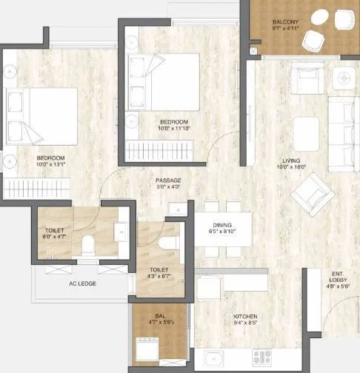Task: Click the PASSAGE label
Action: coord(168,180)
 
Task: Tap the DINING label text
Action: coord(223,224)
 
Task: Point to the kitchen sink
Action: coord(216,359)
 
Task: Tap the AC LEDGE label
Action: coord(83,283)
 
